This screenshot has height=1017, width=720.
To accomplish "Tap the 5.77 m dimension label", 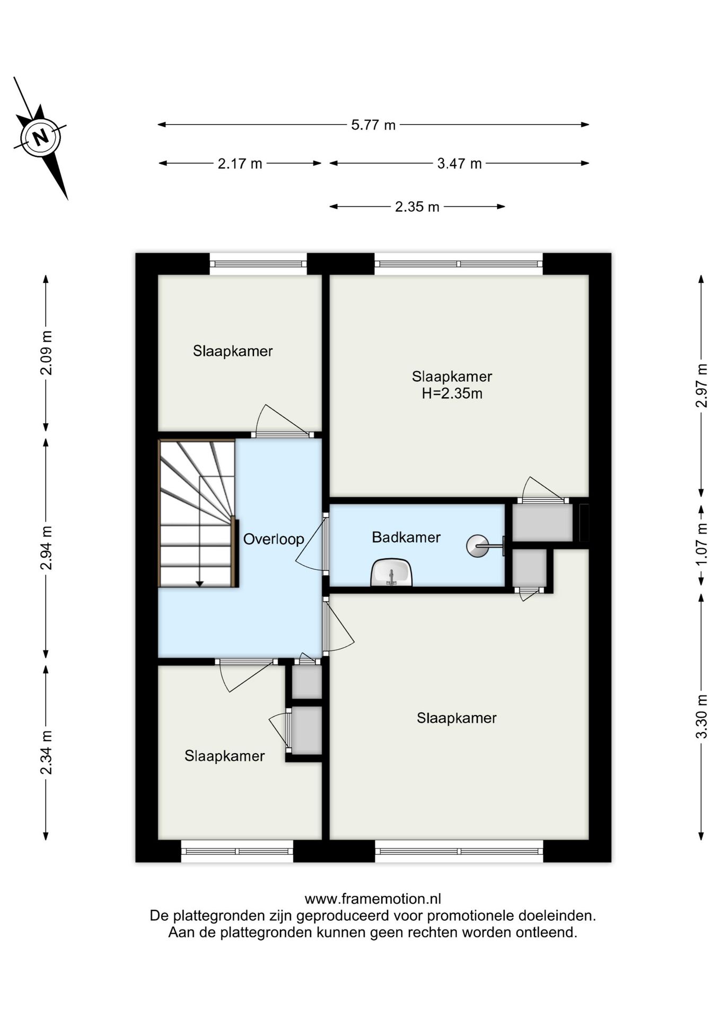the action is tap(373, 125).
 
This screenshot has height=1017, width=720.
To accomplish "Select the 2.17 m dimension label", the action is tap(240, 164).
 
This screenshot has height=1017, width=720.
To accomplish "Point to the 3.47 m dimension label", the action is tap(459, 164).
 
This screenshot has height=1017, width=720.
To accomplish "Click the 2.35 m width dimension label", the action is tap(417, 207).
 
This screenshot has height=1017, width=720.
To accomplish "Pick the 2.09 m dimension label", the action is tap(47, 353).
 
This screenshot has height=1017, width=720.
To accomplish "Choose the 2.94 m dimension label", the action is tap(47, 548).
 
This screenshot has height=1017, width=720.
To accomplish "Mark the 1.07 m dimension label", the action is tap(701, 544).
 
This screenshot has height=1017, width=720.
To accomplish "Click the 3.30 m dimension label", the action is tap(701, 716).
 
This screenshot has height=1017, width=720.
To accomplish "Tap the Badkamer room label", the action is tap(406, 537).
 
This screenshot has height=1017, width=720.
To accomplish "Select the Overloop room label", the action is tap(274, 539).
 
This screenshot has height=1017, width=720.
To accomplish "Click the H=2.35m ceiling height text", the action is tap(452, 394).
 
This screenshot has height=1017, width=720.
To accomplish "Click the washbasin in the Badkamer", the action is tap(391, 573).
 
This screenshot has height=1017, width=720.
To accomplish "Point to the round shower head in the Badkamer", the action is tap(477, 546).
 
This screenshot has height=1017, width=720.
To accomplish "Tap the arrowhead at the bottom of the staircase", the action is tap(199, 584).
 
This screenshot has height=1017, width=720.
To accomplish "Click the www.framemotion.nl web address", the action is tap(373, 899).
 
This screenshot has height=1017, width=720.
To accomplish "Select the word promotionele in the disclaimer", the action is tap(470, 916).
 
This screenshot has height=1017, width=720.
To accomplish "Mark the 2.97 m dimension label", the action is tap(701, 386).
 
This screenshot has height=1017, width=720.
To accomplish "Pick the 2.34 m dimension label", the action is tap(47, 752).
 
